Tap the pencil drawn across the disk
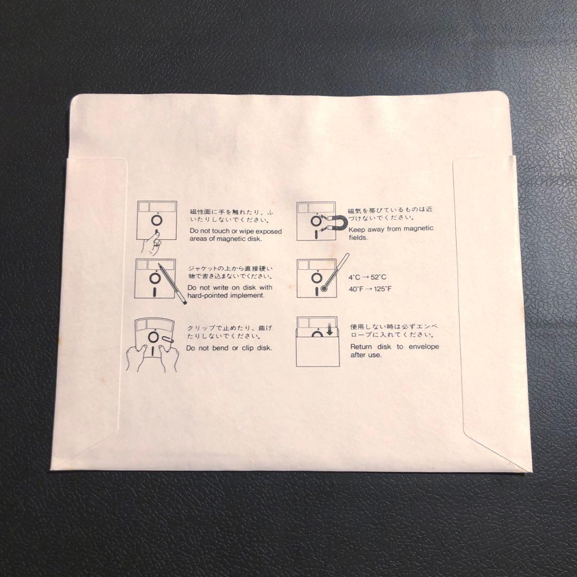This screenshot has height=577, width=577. coord(172,283)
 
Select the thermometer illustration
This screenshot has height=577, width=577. coord(335,272)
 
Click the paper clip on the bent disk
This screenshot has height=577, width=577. coord(167,339)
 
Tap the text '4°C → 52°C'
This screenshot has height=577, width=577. coord(367,277)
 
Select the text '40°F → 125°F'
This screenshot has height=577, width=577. coord(370,289)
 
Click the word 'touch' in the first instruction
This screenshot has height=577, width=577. coord(221,231)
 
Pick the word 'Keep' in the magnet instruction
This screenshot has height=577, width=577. coord(357,229)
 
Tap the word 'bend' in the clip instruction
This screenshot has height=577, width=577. coord(217,348)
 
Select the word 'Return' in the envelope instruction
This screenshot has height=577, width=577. coord(361,347)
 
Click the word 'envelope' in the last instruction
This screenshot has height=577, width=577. coord(424,347)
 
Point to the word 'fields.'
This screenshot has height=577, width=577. coord(358,237)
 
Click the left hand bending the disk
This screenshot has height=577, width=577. coord(136,357)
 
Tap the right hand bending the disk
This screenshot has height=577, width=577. coord(169,357)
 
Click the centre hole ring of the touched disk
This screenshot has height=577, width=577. coord(157,221)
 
